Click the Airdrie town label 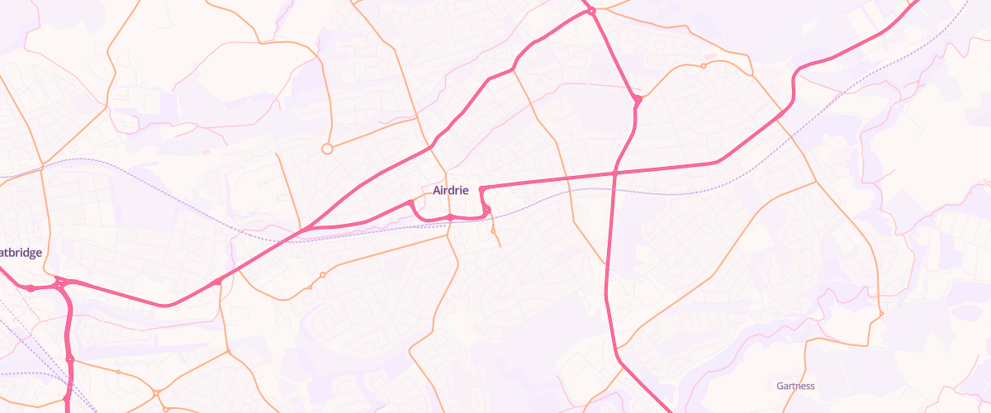click(x=450, y=190)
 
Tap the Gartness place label click(x=795, y=386)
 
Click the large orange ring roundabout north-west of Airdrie click(x=327, y=149)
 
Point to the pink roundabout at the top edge click(x=591, y=11)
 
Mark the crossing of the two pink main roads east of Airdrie click(x=616, y=173)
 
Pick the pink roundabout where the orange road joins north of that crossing click(x=638, y=100)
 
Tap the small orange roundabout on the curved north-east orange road click(x=703, y=65)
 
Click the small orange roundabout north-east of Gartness click(x=881, y=314)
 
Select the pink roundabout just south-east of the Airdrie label click(x=486, y=208)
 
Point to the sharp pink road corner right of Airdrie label click(x=481, y=189)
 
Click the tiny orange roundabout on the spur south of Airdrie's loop click(x=493, y=232)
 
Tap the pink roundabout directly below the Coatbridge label click(x=31, y=288)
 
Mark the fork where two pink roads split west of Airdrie click(x=307, y=227)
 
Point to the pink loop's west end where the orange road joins click(x=410, y=202)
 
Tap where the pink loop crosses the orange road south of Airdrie click(x=449, y=218)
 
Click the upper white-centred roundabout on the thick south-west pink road click(x=69, y=359)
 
